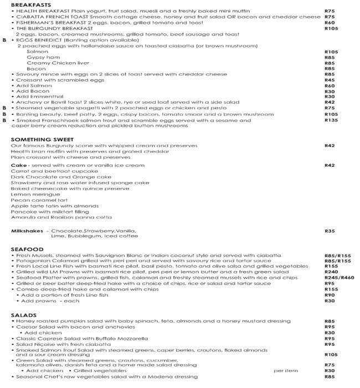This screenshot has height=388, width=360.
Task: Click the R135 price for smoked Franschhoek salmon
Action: coord(331,120)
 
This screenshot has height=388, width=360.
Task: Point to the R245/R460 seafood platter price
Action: coord(338,278)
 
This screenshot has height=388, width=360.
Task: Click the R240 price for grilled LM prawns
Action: coord(331,272)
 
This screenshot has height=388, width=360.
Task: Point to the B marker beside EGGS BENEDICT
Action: coord(4,40)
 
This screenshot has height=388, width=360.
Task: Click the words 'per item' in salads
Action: coord(282,370)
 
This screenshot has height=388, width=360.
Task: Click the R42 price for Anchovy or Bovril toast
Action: coord(330,102)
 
